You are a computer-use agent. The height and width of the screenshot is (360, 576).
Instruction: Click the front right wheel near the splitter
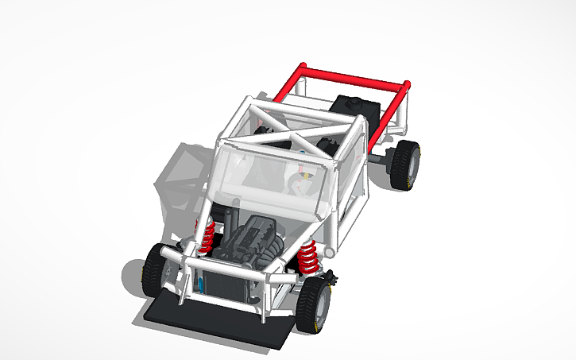click(315, 304)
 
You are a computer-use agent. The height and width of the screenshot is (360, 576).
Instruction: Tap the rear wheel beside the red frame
click(406, 165)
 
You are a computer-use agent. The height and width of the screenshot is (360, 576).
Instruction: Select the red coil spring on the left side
click(209, 238)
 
